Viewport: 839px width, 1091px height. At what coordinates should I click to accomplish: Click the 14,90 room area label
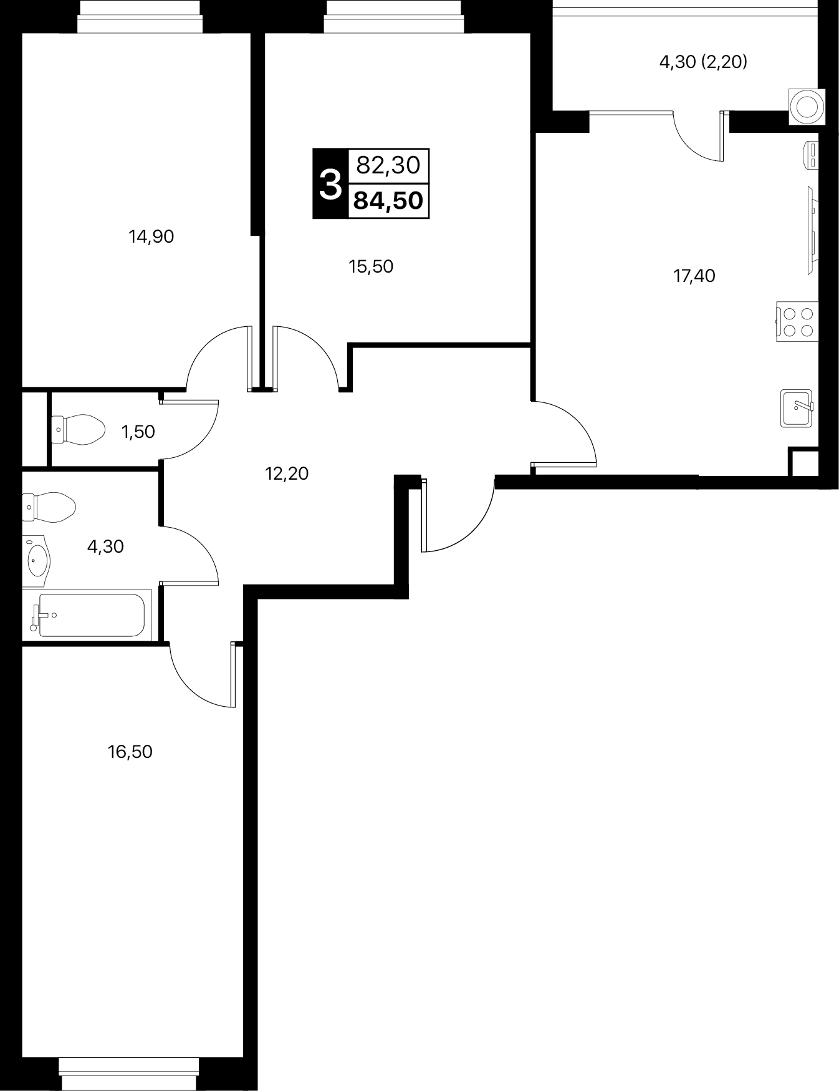tap(151, 236)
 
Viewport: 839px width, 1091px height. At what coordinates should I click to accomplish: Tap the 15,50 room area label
tap(371, 266)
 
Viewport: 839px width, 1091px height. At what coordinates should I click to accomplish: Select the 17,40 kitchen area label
tap(694, 276)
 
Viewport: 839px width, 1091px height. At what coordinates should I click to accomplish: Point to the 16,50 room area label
tap(130, 752)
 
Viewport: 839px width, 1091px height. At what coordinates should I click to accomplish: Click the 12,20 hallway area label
tap(287, 473)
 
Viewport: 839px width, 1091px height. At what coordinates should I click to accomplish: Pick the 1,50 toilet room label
tap(138, 432)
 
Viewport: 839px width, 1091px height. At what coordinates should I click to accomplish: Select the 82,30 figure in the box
tap(388, 165)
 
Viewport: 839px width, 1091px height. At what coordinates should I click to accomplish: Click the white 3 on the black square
tap(330, 185)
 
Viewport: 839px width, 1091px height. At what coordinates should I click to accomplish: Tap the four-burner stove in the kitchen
tap(797, 321)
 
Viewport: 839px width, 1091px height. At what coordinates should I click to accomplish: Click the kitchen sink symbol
tap(797, 408)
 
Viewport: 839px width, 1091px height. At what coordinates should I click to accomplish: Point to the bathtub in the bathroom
tap(87, 615)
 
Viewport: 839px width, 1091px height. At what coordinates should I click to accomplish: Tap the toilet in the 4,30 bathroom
tap(49, 507)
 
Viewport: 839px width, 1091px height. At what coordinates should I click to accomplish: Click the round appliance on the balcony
tap(807, 107)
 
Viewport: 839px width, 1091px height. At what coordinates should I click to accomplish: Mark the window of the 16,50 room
tap(129, 1074)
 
